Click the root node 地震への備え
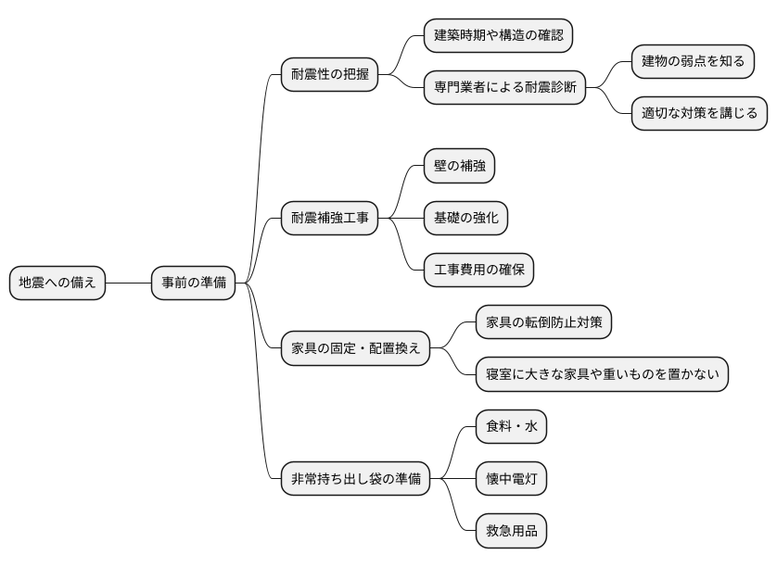coord(57,283)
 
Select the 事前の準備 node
coord(194,283)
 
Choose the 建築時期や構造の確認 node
coord(498,36)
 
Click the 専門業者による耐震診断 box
coord(504,88)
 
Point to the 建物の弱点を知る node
coord(693,62)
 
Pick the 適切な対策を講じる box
coord(700,114)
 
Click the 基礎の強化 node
coord(465,219)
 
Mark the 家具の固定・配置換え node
coord(356,348)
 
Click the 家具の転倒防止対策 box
coord(543,322)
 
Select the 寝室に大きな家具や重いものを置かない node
coord(602,374)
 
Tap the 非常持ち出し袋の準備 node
coord(356,479)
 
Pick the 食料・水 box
coord(511,427)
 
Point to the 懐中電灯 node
coord(511,479)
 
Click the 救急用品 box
coord(511,531)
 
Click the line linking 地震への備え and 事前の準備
coord(129,283)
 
